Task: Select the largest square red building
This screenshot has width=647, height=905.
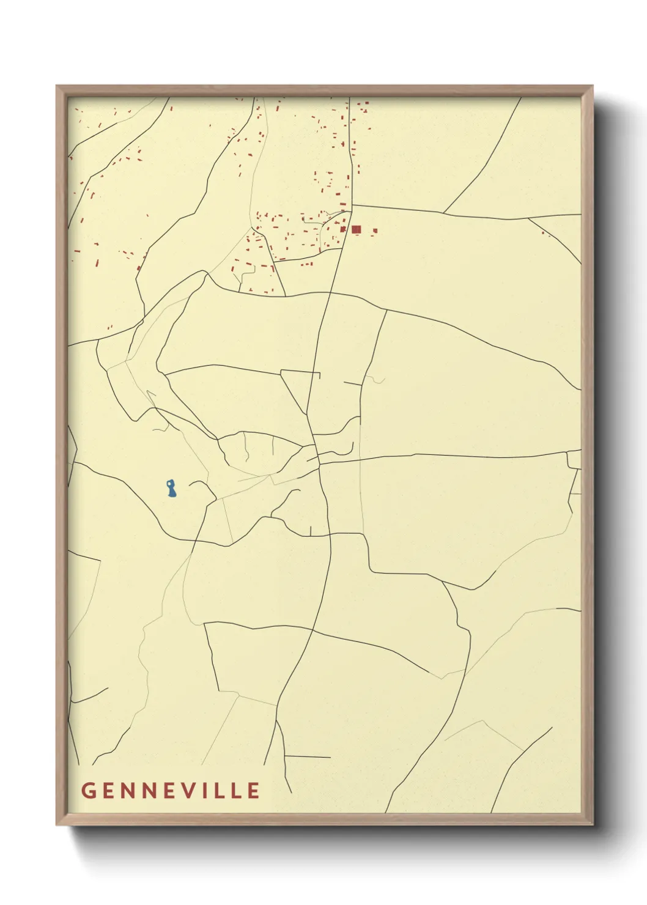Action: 357,229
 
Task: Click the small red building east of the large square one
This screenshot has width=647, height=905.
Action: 375,231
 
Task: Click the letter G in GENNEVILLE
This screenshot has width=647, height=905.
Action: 87,790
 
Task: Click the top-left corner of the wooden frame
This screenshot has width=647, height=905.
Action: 57,86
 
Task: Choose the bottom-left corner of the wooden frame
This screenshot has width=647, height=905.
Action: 57,824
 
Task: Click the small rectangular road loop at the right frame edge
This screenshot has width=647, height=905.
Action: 574,459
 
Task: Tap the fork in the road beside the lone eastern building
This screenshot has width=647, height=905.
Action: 530,218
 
